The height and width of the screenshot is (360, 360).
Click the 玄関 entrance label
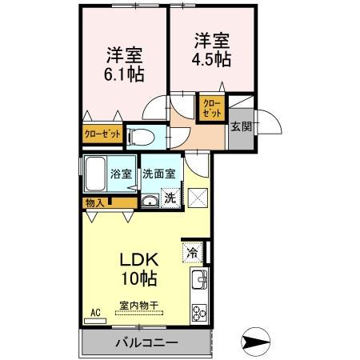click(x=240, y=126)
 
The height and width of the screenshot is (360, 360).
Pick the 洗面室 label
click(x=159, y=174)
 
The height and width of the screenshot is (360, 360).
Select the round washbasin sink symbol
click(x=149, y=200)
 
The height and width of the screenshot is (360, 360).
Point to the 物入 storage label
click(x=94, y=203)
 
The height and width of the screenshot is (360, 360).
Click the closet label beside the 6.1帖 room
click(x=102, y=134)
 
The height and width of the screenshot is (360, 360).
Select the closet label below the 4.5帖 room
click(x=212, y=107)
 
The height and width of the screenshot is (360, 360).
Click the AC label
click(x=94, y=312)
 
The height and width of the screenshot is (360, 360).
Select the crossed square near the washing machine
click(x=197, y=197)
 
